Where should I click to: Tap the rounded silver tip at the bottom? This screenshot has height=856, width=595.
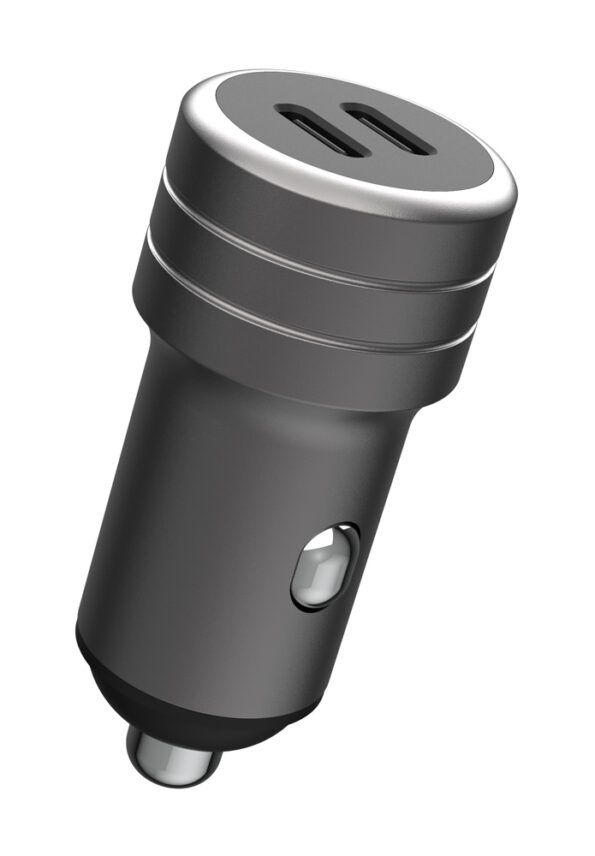tap(170, 755)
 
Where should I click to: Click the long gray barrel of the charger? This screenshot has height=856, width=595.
tap(200, 520)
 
